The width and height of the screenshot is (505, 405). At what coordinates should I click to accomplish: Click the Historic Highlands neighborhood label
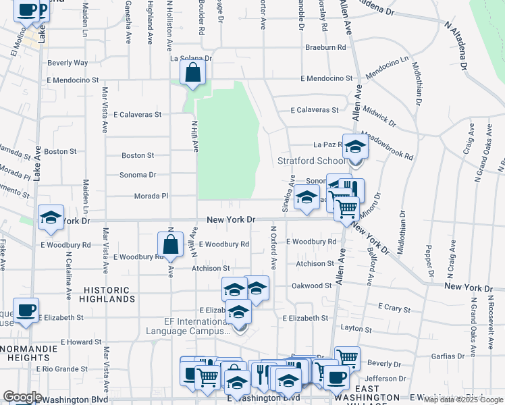109,294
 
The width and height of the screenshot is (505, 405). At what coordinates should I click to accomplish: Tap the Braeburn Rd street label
325,47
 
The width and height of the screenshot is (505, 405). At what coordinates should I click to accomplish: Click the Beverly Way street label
68,63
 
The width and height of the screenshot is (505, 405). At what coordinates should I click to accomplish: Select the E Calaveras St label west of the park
137,115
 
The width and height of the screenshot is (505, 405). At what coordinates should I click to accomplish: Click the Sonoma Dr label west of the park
138,175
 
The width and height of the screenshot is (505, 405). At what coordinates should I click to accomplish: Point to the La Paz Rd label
329,144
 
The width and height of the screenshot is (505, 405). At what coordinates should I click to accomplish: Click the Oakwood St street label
311,286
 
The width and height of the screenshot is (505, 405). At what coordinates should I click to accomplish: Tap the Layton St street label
357,329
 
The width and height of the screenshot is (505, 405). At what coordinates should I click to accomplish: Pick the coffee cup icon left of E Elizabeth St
26,310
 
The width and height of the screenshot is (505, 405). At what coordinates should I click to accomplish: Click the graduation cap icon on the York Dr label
51,217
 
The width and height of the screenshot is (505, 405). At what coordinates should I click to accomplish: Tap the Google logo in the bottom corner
22,396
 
